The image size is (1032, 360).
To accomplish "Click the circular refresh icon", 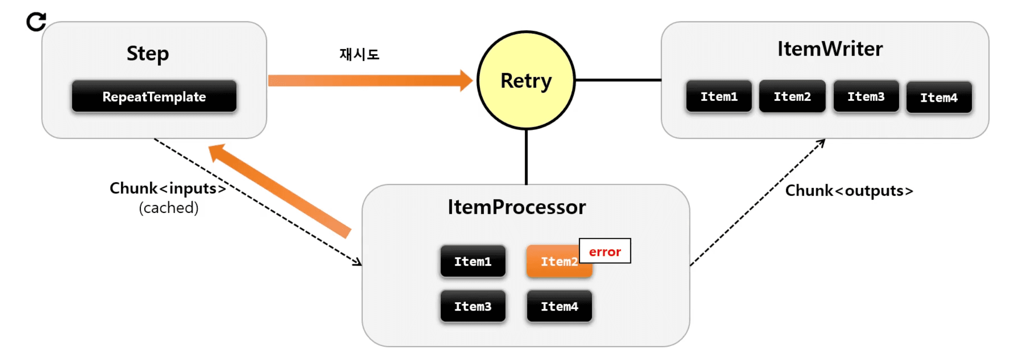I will click(x=36, y=22).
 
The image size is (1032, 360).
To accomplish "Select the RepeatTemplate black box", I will click(x=154, y=97).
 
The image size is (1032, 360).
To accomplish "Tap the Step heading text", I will click(x=148, y=54).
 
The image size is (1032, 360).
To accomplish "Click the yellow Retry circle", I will click(x=526, y=81).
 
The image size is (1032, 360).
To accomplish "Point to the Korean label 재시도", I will click(x=359, y=55).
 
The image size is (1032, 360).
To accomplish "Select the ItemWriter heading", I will click(x=830, y=49).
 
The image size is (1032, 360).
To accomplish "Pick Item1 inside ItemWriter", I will click(x=719, y=97).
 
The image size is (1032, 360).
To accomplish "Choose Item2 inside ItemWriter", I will click(x=792, y=97).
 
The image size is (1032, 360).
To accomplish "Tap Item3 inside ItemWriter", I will click(x=866, y=97).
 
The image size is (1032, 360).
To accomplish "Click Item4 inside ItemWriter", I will click(x=939, y=98).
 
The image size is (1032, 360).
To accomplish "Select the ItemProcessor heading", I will click(x=516, y=207).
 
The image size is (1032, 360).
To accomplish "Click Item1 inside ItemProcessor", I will click(x=472, y=261).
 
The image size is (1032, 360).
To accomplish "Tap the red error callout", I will click(x=605, y=251).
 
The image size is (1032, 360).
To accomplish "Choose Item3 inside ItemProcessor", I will click(x=472, y=306).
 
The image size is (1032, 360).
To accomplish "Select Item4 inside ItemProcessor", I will click(x=559, y=306).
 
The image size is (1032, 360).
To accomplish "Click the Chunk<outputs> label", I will click(x=849, y=191).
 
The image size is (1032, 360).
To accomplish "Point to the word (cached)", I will click(x=168, y=208).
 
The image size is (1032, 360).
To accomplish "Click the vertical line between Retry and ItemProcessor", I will click(x=526, y=157).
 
